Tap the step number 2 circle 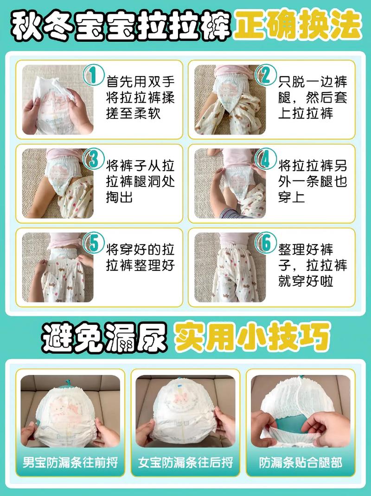point(265,75)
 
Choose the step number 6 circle point(265,243)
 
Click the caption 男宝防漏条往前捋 point(70,462)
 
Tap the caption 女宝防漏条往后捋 point(185,462)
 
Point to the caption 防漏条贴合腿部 point(300,462)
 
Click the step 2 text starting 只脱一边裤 point(313,97)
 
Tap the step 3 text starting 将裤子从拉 point(141,181)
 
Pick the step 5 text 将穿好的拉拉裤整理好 point(141,258)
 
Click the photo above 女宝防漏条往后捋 point(185,410)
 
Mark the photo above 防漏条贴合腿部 point(300,410)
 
